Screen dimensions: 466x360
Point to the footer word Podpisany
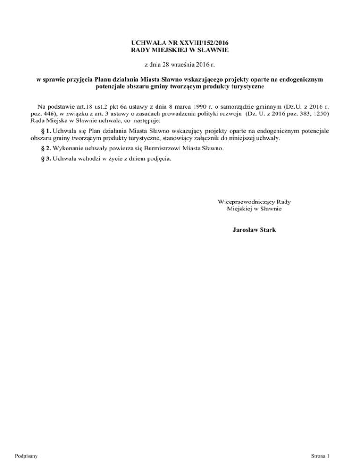click(27, 455)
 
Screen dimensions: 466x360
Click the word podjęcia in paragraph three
click(158, 159)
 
